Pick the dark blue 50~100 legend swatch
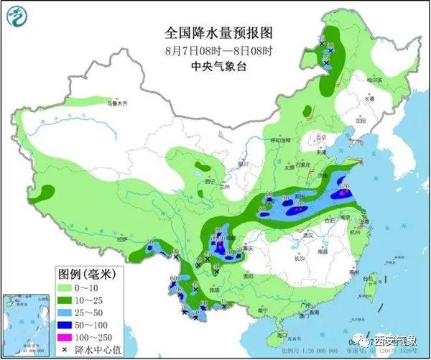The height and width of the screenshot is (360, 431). tap(69, 323)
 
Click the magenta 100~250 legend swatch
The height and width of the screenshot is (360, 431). tap(69, 336)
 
